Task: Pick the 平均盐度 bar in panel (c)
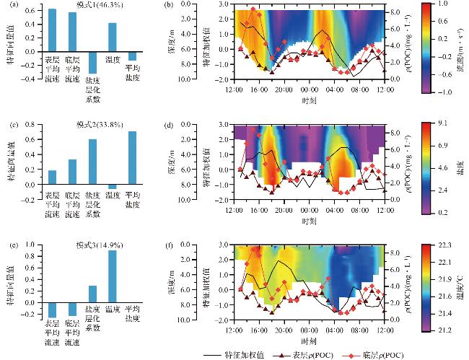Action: coord(132,158)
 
